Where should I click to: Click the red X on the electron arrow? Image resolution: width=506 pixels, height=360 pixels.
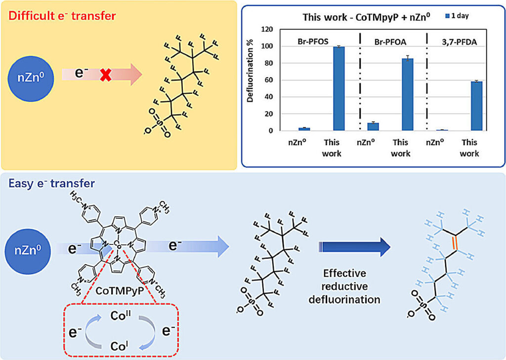[105, 76]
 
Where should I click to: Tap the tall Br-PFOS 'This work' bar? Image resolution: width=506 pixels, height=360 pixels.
[338, 89]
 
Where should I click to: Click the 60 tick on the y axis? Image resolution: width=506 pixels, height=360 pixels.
[268, 80]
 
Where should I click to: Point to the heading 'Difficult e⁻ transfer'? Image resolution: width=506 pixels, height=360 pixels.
[62, 16]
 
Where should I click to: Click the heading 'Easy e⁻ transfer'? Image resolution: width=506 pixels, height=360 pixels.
[52, 184]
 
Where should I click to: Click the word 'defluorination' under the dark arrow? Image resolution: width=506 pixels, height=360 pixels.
[352, 300]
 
